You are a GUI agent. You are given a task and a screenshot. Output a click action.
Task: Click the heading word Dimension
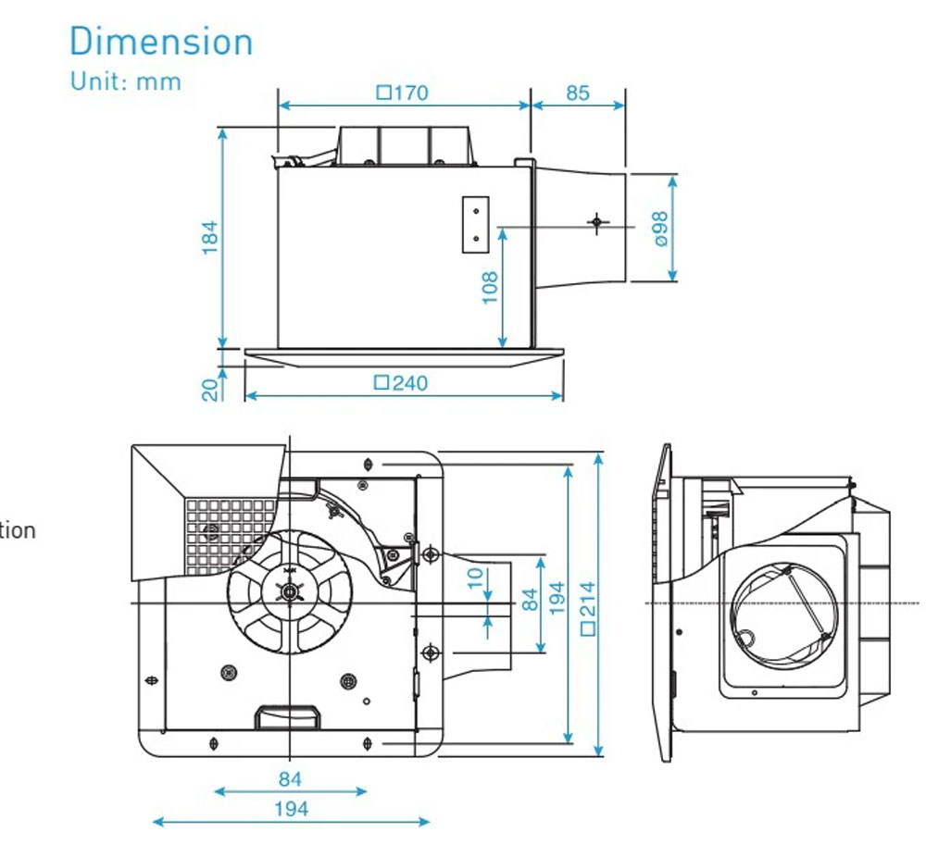161,43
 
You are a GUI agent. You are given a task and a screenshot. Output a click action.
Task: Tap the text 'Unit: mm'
126,81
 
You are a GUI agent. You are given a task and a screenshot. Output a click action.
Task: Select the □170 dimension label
403,93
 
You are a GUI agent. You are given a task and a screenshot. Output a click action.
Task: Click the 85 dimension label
577,93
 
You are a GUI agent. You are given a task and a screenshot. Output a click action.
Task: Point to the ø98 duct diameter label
659,228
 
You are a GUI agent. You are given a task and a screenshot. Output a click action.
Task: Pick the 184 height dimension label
210,238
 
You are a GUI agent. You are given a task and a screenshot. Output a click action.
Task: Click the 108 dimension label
490,287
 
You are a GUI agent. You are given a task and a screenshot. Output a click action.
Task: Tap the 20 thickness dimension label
211,387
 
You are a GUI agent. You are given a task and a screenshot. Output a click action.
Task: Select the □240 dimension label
402,382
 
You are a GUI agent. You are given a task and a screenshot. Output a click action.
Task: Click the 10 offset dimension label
475,578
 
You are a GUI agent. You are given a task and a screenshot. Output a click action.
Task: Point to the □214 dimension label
587,607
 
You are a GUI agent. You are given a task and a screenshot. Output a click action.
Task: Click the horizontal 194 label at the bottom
291,809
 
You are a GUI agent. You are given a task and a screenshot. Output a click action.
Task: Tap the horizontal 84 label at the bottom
290,779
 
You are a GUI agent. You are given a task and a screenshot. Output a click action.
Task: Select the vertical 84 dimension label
530,600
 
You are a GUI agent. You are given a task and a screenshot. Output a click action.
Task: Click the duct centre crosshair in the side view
597,222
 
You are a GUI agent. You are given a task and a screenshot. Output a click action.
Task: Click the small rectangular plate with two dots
475,224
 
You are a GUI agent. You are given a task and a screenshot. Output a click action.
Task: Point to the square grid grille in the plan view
230,533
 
